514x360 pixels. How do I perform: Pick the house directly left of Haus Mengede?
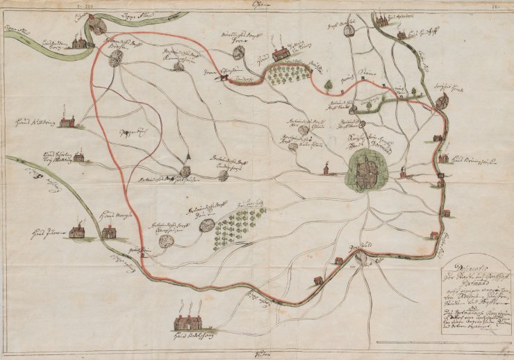[x=76, y=231]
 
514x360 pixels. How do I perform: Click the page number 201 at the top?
[x=88, y=3]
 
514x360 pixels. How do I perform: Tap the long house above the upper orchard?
[x=281, y=54]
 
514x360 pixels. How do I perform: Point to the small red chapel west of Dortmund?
[x=324, y=169]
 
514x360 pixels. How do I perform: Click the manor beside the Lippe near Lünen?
[x=79, y=42]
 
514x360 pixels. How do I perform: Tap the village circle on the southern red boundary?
[x=360, y=258]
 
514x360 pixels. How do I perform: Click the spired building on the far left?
[x=67, y=121]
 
